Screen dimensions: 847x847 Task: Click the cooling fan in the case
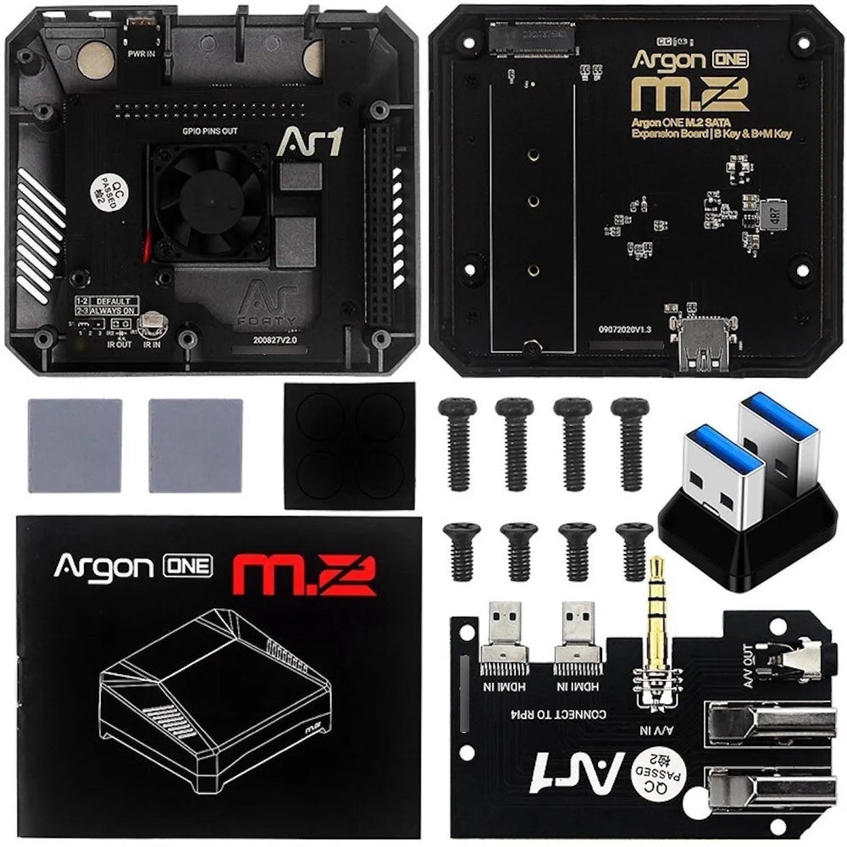pyautogui.click(x=208, y=201)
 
